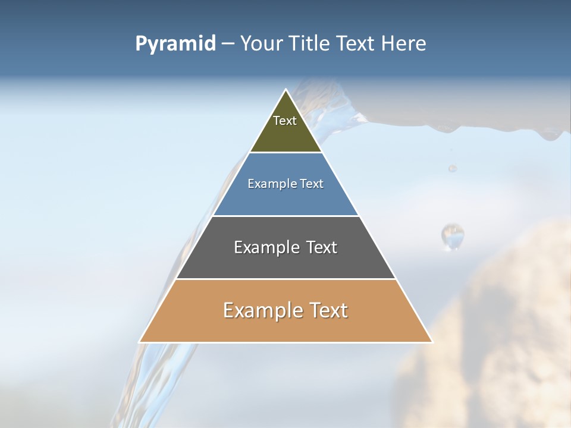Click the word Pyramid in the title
pos(175,44)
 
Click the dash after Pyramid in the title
pos(228,44)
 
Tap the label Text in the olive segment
pos(285,121)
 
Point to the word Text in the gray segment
pos(322,247)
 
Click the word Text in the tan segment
pos(328,310)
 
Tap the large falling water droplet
pos(453,236)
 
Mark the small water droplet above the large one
pos(453,168)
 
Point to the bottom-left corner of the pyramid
pos(140,342)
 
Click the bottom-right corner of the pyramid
pos(432,342)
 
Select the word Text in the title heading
pos(356,44)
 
